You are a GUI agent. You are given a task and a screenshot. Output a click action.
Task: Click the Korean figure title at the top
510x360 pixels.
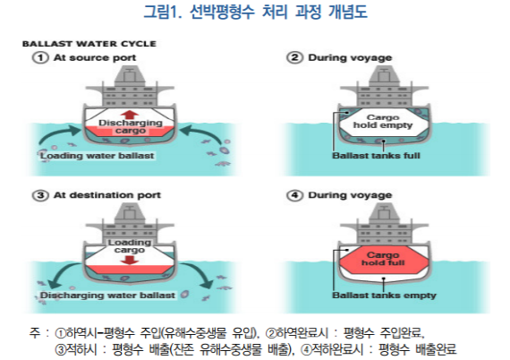pos(255,12)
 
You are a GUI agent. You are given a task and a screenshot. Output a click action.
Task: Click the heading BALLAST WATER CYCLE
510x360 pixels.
pos(89,44)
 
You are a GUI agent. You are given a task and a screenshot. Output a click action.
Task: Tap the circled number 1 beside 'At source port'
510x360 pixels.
pos(40,57)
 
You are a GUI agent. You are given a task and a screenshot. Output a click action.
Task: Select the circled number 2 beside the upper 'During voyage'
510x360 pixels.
pos(294,57)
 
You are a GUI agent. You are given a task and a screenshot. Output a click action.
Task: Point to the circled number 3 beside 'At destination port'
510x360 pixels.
pos(40,195)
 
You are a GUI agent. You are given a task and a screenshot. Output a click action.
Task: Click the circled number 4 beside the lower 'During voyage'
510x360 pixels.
pos(294,195)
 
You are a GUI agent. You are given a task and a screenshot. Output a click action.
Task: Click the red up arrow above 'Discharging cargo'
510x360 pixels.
pos(130,115)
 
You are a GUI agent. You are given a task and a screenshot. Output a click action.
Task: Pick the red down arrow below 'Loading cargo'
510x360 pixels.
pos(130,260)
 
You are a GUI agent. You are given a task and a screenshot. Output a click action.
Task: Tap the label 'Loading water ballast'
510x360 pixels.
pos(97,156)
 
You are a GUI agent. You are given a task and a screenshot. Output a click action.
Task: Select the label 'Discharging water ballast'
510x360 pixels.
pos(107,296)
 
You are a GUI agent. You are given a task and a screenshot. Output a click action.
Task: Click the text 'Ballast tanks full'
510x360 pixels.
pos(376,156)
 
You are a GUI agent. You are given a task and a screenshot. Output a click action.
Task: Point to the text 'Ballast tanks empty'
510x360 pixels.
pos(384,296)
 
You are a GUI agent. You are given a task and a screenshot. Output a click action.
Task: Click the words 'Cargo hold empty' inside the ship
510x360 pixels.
pos(383,122)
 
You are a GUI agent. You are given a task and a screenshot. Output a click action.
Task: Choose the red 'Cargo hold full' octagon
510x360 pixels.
pos(384,260)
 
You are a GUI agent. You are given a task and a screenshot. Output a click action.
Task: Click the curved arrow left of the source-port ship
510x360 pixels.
pos(58,134)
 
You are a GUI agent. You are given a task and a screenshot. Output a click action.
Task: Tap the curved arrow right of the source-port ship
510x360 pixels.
pos(201,133)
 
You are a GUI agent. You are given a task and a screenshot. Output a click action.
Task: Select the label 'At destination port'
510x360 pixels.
pos(107,195)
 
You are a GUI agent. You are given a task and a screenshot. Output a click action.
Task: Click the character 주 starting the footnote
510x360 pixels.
pos(35,333)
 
